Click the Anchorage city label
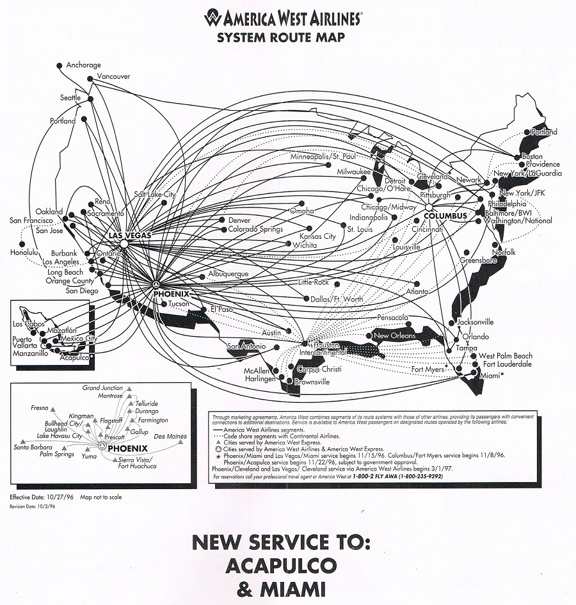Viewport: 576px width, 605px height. [x=84, y=65]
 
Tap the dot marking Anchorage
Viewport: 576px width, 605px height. [x=60, y=65]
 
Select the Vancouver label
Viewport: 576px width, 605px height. [x=113, y=77]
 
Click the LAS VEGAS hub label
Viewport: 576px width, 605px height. [x=130, y=236]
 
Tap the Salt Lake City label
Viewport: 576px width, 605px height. [x=155, y=194]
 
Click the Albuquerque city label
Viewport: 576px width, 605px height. [x=228, y=274]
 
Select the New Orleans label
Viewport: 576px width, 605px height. [x=395, y=335]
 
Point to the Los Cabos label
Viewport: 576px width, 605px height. [x=26, y=324]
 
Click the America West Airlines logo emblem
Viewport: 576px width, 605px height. [x=213, y=18]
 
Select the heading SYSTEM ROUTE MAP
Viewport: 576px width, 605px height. [x=281, y=37]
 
